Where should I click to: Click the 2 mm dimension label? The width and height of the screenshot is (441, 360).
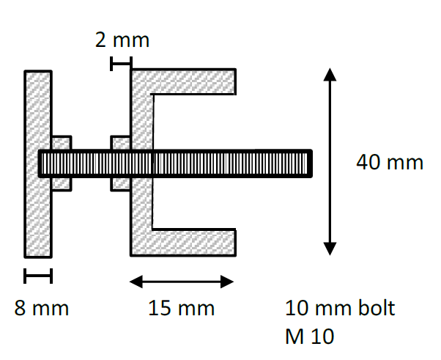[122, 40]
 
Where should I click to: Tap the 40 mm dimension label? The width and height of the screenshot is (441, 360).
[389, 162]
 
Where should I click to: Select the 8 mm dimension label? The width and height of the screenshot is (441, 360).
[42, 308]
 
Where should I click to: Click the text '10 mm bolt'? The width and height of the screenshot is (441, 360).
[340, 308]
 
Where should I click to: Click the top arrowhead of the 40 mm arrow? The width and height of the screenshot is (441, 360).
[330, 75]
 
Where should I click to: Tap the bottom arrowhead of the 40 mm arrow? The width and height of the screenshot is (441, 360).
[330, 249]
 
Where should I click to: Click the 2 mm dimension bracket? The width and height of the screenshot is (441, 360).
[121, 64]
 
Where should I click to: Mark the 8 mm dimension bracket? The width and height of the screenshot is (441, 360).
[38, 276]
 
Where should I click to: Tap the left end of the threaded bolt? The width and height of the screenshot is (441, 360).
[42, 163]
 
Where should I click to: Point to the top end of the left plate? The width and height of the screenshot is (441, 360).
[38, 74]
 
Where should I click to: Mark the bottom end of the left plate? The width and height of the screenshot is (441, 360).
[38, 254]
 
